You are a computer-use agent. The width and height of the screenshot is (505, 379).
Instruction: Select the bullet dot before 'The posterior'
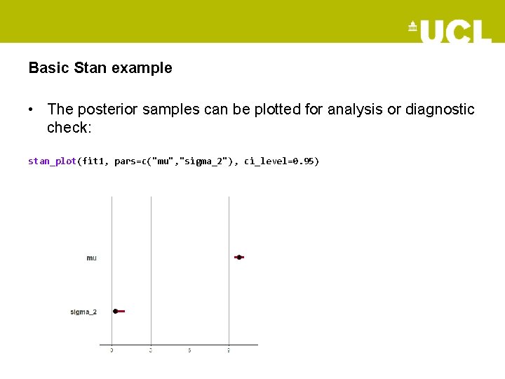click(x=32, y=110)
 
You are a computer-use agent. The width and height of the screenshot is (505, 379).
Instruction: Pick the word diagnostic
click(x=439, y=109)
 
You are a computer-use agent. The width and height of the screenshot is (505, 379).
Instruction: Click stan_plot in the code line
click(x=51, y=161)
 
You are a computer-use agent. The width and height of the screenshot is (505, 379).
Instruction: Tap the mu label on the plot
click(x=92, y=258)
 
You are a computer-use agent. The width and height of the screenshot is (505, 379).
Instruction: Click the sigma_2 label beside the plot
click(x=83, y=312)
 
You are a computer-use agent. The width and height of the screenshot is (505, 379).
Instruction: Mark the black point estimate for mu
click(x=238, y=258)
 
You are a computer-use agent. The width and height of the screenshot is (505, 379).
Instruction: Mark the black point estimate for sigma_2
click(x=116, y=311)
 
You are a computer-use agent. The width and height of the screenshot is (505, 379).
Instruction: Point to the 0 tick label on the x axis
click(x=112, y=350)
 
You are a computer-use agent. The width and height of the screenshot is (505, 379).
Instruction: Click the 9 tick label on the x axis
click(x=229, y=350)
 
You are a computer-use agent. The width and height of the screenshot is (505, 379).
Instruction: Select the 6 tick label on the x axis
click(x=189, y=350)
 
